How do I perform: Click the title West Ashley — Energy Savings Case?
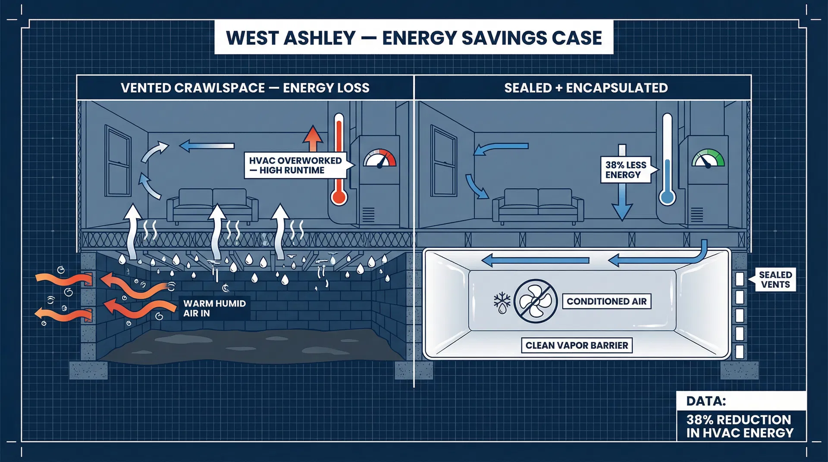[414, 38]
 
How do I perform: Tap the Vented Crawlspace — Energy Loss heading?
[245, 88]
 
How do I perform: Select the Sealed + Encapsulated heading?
[586, 88]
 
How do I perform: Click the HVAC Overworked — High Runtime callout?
[296, 165]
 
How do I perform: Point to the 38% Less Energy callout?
[625, 170]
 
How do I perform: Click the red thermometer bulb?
[339, 197]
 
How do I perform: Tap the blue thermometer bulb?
[667, 197]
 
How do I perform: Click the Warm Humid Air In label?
[214, 309]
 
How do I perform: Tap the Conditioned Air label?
[606, 302]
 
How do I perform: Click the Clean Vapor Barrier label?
[577, 346]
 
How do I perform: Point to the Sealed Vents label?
[775, 280]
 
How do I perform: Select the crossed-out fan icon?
[535, 301]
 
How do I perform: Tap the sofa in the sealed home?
[538, 206]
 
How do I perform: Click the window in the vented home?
[118, 162]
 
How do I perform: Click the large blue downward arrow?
[622, 185]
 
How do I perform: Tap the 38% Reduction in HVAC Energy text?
[740, 426]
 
